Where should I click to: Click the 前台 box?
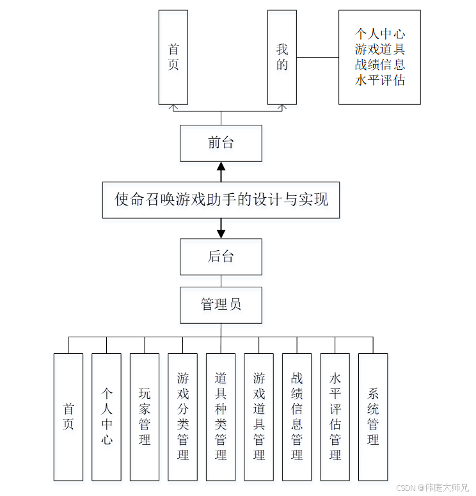point(221,143)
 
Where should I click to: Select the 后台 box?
point(221,257)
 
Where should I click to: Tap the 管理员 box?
point(221,305)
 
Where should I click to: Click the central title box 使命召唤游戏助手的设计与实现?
point(221,200)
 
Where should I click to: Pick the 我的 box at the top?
point(282,57)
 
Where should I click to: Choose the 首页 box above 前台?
point(173,57)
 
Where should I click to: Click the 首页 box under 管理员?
point(68,417)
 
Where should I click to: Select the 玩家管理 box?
point(145,417)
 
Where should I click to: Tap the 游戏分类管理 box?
point(183,417)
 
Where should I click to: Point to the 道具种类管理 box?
point(221,417)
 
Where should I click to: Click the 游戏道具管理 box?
point(259,417)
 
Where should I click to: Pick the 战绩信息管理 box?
point(297,417)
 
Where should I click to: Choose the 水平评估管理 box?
point(335,417)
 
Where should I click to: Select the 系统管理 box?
point(373,417)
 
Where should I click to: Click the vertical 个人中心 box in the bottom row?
point(106,417)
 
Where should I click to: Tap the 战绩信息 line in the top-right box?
point(380,65)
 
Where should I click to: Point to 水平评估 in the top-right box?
point(380,80)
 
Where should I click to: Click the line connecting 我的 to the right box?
point(317,57)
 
